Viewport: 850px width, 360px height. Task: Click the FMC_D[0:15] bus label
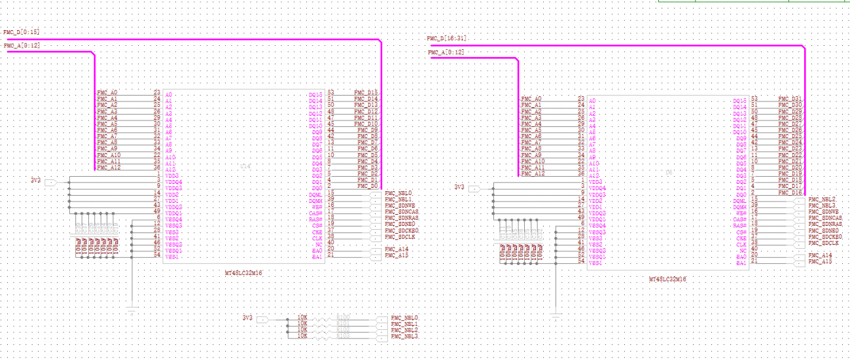click(x=21, y=32)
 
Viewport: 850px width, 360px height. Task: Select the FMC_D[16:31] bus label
click(x=446, y=39)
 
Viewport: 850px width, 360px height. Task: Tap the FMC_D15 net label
click(x=366, y=93)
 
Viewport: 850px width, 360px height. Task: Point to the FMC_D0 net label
click(x=368, y=187)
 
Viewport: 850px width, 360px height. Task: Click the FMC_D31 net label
click(x=790, y=99)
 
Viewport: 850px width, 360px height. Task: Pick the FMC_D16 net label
click(x=790, y=192)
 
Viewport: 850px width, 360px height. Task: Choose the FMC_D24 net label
click(x=790, y=143)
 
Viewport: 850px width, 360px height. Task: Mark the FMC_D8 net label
click(x=368, y=130)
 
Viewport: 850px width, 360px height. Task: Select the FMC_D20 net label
click(x=790, y=168)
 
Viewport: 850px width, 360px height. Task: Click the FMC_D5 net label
click(x=368, y=155)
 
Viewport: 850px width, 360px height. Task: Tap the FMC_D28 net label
click(x=790, y=118)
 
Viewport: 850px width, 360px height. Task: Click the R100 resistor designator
click(x=343, y=317)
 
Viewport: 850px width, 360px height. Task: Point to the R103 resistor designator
click(x=343, y=336)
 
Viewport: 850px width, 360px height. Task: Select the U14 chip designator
click(x=245, y=167)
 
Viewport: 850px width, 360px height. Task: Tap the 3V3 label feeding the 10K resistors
click(x=247, y=318)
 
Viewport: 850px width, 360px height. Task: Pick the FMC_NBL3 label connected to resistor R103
click(x=404, y=336)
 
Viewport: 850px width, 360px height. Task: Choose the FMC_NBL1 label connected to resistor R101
click(x=404, y=324)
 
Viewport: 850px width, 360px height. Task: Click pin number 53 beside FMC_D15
click(x=330, y=93)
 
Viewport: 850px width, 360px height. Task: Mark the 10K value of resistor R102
click(x=302, y=330)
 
